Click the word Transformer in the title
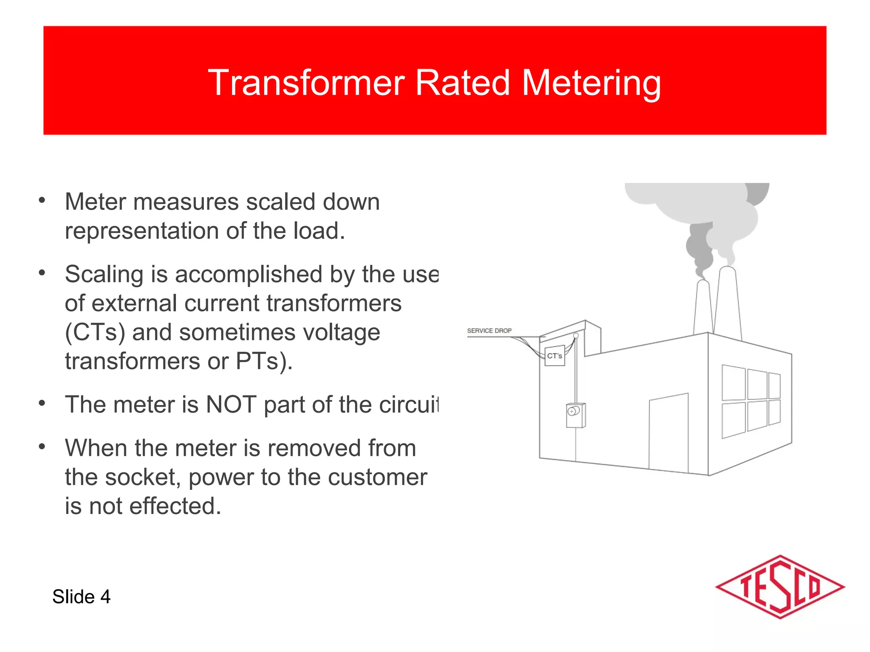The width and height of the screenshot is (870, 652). (x=305, y=83)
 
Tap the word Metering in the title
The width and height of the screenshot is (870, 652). (x=591, y=83)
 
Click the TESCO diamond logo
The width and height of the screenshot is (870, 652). (x=780, y=587)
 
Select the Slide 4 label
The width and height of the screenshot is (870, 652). (x=81, y=597)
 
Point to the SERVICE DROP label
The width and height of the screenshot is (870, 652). (x=489, y=331)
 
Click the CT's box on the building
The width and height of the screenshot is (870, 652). (x=554, y=356)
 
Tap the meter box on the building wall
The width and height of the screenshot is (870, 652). (x=576, y=415)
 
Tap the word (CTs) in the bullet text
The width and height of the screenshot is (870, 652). (x=95, y=332)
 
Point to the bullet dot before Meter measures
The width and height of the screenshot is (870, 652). (x=42, y=200)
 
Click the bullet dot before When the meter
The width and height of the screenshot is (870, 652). (x=42, y=447)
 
